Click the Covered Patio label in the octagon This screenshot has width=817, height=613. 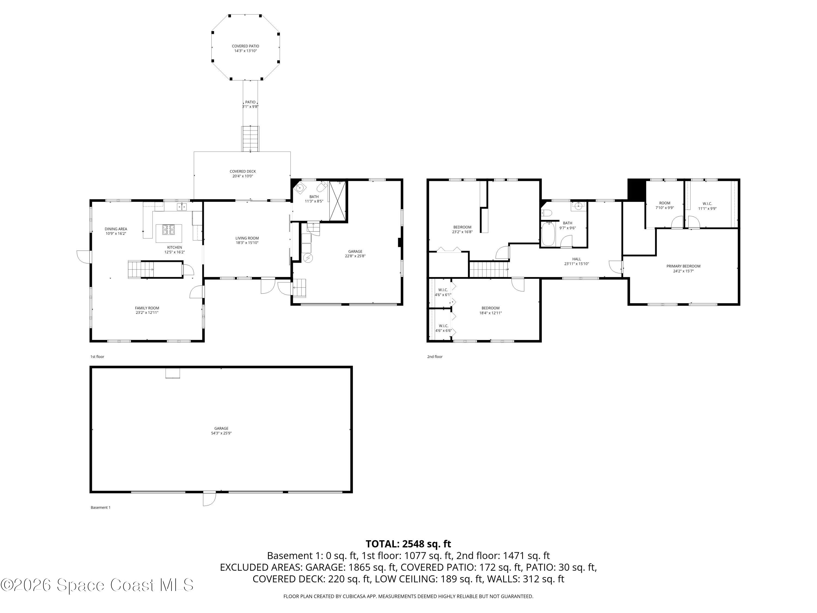(245, 46)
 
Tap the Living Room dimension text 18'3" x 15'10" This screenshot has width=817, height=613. (247, 243)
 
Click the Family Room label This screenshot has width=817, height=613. (147, 308)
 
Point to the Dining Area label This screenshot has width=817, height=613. (116, 229)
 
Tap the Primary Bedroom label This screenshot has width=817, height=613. (683, 266)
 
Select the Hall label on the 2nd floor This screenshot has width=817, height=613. (576, 259)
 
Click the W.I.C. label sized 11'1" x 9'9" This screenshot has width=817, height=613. (707, 204)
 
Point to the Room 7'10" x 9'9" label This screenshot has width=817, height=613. (664, 203)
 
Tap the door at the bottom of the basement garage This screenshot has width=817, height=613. (209, 499)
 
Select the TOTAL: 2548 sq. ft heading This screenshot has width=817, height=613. (408, 544)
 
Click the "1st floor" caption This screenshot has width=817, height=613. (97, 357)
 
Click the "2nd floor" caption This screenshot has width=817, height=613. (435, 357)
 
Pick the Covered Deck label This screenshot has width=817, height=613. (243, 171)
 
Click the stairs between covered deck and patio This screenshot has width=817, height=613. (251, 139)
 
